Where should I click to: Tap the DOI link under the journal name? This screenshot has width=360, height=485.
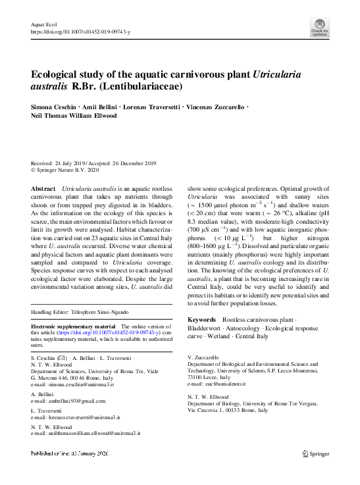[80, 31]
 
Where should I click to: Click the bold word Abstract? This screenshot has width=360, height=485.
[43, 189]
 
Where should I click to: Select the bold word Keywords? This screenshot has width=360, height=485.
[202, 319]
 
